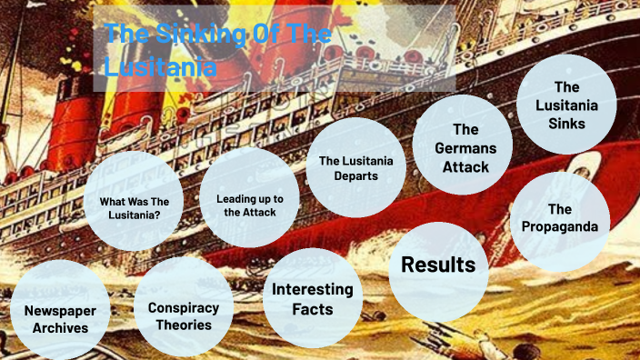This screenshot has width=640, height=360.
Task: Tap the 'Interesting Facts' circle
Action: (x=313, y=298)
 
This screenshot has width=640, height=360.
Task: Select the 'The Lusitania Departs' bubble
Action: (x=355, y=167)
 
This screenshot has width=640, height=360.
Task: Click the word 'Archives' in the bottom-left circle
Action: (x=61, y=327)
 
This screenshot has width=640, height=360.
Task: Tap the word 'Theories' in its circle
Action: (x=183, y=324)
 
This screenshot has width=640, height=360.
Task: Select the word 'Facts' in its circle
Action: (x=313, y=309)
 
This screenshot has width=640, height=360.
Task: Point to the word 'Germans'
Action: (x=465, y=148)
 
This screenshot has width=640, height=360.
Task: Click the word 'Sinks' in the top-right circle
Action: (x=567, y=123)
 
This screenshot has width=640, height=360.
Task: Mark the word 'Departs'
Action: (x=355, y=176)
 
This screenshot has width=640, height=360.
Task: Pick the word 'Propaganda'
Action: (x=560, y=226)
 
